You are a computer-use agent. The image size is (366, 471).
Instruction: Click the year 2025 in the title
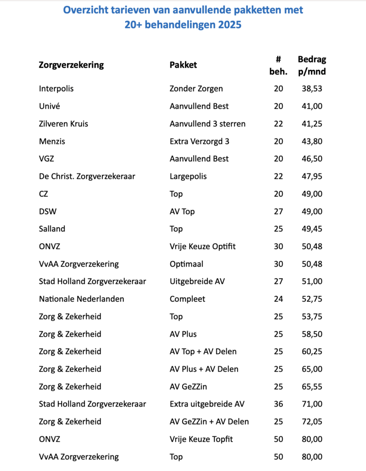[229, 25]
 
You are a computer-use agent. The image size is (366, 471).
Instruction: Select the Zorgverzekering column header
[71, 65]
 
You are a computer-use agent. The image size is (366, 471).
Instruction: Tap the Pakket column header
[183, 65]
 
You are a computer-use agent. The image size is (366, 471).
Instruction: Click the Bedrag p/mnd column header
[312, 65]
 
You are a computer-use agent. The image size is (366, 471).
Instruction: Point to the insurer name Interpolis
[56, 89]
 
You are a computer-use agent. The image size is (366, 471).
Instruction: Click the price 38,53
[312, 89]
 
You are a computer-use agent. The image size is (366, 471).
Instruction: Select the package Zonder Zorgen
[196, 89]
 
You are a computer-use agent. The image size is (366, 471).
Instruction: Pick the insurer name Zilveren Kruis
[63, 124]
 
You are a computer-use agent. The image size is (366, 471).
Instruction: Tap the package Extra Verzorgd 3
[200, 141]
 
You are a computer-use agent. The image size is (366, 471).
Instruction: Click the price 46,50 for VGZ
[312, 159]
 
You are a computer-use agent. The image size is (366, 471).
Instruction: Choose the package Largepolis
[189, 176]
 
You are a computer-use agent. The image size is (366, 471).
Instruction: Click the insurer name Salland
[52, 229]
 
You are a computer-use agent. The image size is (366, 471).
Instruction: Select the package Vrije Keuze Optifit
[203, 246]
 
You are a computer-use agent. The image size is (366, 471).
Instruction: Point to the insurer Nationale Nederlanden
[81, 299]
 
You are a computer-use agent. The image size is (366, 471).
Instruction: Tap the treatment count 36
[278, 404]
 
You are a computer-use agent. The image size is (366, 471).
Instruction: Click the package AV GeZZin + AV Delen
[209, 421]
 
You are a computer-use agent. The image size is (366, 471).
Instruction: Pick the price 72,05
[312, 421]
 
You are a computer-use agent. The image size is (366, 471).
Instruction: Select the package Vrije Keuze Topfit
[201, 439]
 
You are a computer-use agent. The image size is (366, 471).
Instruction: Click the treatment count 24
[278, 299]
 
